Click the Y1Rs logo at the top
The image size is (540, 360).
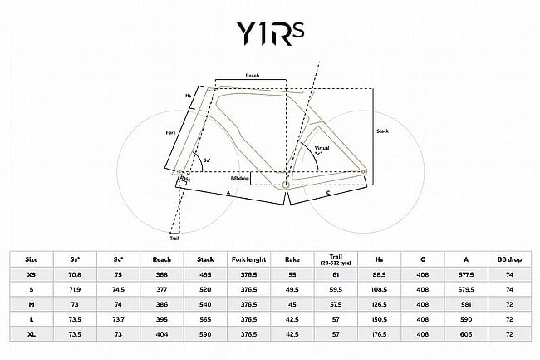270,34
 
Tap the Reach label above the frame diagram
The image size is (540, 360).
253,76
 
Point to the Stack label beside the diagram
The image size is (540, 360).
383,131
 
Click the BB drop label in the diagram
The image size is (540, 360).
239,178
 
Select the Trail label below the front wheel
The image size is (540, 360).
174,238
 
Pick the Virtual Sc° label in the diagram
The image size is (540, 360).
322,150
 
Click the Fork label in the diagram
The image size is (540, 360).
170,133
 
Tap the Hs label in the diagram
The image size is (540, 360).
188,96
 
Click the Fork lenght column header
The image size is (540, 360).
248,259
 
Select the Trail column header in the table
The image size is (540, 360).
336,259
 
